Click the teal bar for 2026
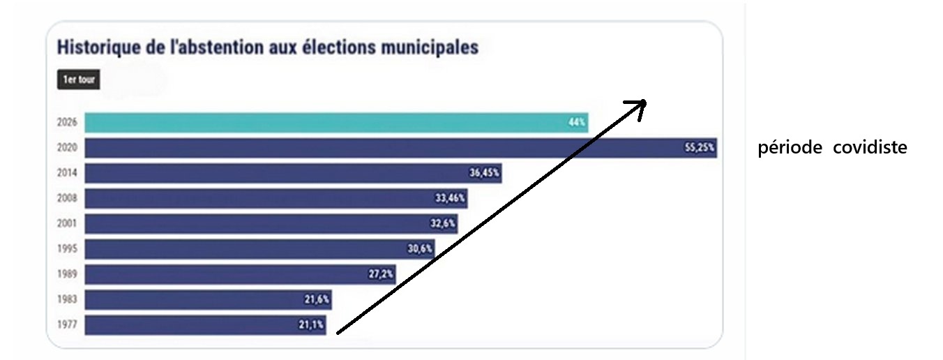point(335,122)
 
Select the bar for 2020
point(398,148)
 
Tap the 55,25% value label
point(700,148)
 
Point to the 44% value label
point(577,122)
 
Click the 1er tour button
point(78,80)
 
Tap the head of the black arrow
point(640,105)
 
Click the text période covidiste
point(832,148)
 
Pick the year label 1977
point(67,325)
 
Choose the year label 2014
point(67,173)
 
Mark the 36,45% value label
point(484,173)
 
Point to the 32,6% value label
point(443,224)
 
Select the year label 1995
point(67,249)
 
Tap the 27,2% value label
point(381,274)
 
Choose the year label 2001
point(67,224)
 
